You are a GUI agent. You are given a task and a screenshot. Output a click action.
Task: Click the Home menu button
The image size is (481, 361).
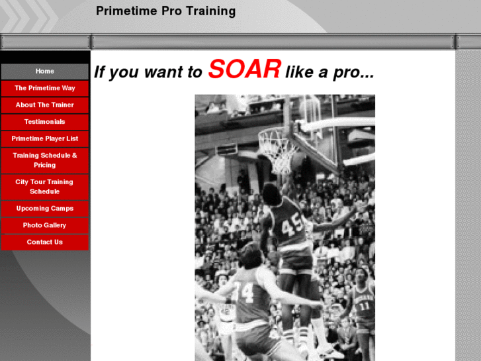pos(44,71)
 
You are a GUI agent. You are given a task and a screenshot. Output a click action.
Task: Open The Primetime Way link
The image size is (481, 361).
pos(44,88)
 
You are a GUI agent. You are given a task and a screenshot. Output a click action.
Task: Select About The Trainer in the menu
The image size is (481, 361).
pos(44,105)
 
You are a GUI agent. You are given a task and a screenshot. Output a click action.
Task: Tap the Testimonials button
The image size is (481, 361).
pos(44,122)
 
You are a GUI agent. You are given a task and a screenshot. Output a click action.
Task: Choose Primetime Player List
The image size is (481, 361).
pos(44,138)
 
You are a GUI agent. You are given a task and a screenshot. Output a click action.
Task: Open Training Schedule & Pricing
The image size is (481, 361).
pos(44,160)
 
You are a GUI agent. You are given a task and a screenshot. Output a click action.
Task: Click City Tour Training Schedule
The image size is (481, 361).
pos(44,187)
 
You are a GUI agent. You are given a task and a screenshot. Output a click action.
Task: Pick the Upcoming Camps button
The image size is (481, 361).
pos(44,208)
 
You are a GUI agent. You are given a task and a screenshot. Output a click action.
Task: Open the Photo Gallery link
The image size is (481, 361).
pos(44,225)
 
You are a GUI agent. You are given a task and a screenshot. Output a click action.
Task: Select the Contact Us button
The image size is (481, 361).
pos(44,242)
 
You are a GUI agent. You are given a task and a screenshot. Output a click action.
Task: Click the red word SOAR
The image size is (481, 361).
pos(244,70)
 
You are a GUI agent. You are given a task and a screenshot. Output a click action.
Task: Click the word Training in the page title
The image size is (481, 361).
pos(215,11)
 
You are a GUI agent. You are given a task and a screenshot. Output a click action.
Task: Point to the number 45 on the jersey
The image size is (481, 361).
pos(292,227)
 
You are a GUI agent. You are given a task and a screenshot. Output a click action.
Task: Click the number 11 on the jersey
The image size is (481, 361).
pos(365,306)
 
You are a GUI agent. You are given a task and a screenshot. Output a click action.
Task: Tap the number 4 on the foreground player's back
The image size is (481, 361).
pos(245,291)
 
